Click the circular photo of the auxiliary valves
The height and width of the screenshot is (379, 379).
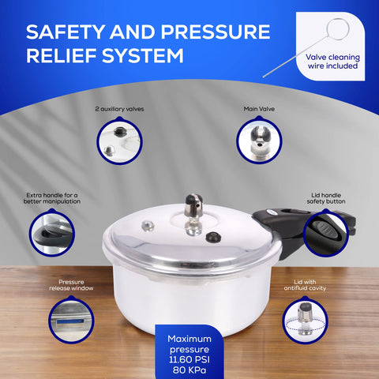pos(119,141)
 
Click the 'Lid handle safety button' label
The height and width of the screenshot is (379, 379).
pos(326,197)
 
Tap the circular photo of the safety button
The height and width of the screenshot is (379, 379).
pos(325,233)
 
